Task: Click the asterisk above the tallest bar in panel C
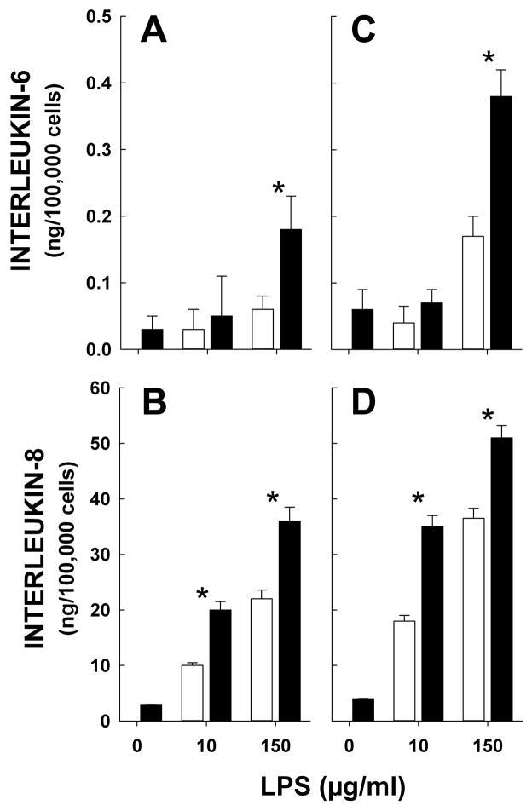[489, 60]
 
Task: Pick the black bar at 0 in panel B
[151, 712]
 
